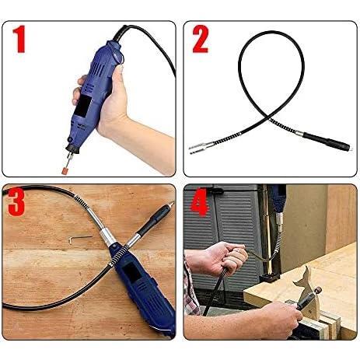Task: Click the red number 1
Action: tap(19, 39)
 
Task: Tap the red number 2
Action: tap(200, 39)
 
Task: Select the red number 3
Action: tap(16, 202)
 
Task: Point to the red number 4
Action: tap(199, 202)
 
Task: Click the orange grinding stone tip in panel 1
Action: tap(65, 170)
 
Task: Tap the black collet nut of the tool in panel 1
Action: tap(72, 149)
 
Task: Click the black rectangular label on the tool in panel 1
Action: tap(82, 106)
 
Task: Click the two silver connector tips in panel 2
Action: tap(199, 149)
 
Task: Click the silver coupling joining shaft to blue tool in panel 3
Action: tap(107, 236)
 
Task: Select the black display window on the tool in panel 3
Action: tap(131, 271)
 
